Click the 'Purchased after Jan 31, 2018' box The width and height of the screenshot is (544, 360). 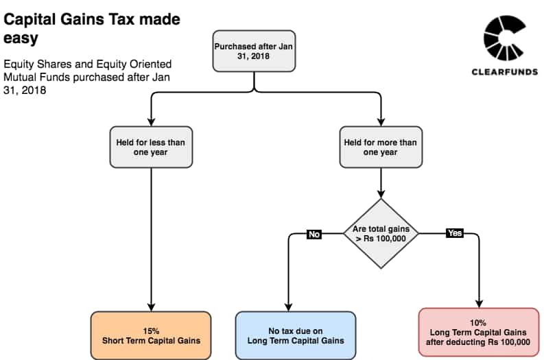[x=254, y=51]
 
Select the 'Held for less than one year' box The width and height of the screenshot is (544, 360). [x=151, y=147]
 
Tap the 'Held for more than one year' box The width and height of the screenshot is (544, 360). [x=381, y=147]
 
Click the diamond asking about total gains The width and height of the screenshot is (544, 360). [x=381, y=233]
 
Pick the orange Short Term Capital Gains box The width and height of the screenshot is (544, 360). [x=151, y=335]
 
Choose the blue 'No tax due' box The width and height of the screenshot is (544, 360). [x=296, y=335]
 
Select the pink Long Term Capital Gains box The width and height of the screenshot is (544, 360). [x=479, y=333]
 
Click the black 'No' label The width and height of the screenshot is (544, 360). [x=314, y=235]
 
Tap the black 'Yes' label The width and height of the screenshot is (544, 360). [x=455, y=233]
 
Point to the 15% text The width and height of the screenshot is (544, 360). [x=151, y=331]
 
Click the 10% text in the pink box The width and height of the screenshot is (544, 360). [x=477, y=322]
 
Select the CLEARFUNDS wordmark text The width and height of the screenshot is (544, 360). [x=505, y=72]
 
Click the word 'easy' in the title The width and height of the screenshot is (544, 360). [x=21, y=38]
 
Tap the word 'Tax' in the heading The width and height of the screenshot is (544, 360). [x=121, y=19]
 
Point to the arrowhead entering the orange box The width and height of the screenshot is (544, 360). [x=151, y=307]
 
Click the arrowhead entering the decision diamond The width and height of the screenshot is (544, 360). [x=381, y=194]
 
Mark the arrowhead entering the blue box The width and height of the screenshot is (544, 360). [x=288, y=307]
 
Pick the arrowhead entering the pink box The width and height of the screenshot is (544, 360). [x=479, y=304]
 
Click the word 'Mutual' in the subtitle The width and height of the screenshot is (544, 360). [x=20, y=77]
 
